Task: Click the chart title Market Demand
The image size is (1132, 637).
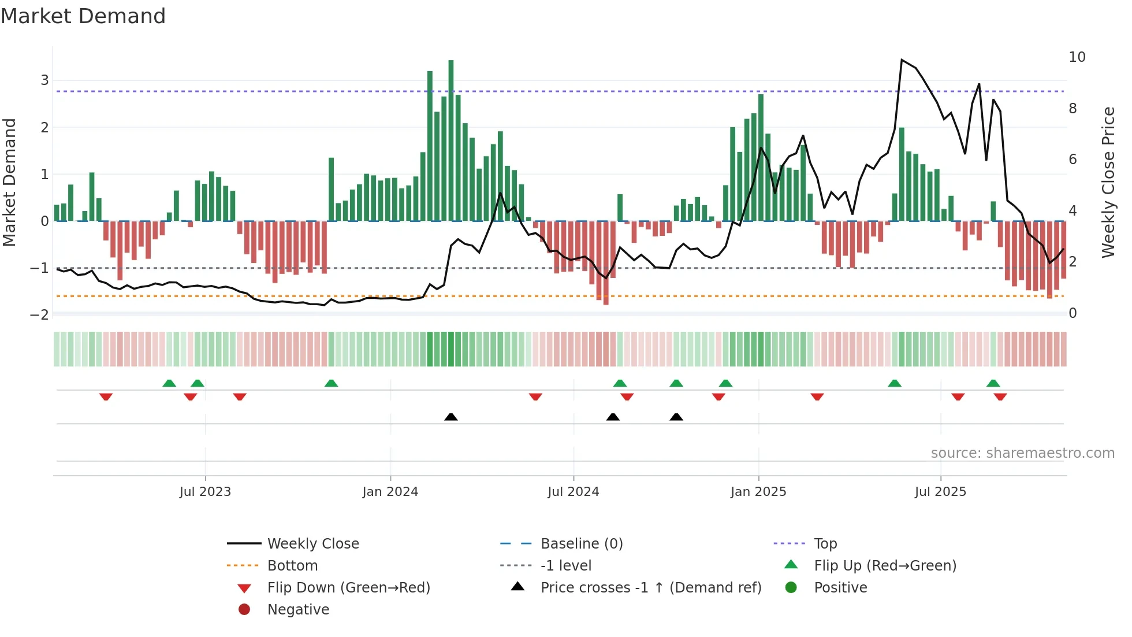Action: click(x=83, y=16)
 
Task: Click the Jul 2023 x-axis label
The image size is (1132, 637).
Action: click(x=205, y=492)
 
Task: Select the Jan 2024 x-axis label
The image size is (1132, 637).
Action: click(x=390, y=492)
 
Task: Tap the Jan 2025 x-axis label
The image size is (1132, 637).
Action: click(x=758, y=492)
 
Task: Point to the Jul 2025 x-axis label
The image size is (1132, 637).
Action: click(x=940, y=492)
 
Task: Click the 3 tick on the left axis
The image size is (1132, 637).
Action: click(x=44, y=80)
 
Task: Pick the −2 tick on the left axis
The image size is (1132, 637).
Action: click(x=39, y=315)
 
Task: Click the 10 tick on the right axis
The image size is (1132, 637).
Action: click(x=1077, y=57)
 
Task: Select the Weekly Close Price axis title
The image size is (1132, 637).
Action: click(x=1108, y=182)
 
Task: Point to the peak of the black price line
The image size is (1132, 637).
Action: click(x=902, y=60)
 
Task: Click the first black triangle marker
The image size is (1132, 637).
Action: click(x=451, y=417)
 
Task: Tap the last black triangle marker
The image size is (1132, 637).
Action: click(x=676, y=417)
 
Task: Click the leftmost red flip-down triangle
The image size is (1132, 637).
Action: click(x=106, y=397)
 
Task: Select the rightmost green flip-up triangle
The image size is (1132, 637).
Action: click(x=993, y=383)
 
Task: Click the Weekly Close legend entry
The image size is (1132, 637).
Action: click(x=312, y=543)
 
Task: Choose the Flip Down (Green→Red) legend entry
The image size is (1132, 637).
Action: click(x=348, y=587)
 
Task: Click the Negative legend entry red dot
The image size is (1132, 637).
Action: click(x=244, y=609)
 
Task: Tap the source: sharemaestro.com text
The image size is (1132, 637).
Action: click(x=1022, y=453)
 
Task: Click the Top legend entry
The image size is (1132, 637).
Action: click(x=825, y=543)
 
